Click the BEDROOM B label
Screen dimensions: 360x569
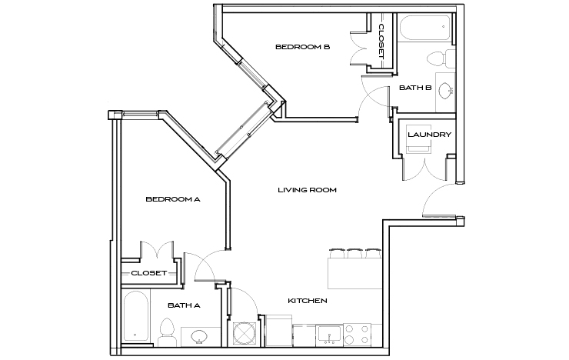(x=302, y=47)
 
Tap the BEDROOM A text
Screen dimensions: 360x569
(x=173, y=199)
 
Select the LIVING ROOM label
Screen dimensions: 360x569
(x=308, y=190)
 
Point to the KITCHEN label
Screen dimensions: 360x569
(x=308, y=300)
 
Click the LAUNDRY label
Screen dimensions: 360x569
(x=429, y=135)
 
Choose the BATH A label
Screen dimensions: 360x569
(x=184, y=305)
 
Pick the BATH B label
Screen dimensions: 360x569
(x=414, y=88)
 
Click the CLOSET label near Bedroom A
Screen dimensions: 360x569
(x=148, y=272)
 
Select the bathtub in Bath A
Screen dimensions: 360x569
(x=137, y=316)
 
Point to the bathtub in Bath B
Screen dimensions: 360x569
(x=423, y=29)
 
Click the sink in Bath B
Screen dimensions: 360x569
(x=445, y=88)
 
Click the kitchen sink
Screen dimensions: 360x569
(x=330, y=335)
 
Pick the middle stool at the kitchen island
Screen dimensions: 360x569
(x=354, y=252)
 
